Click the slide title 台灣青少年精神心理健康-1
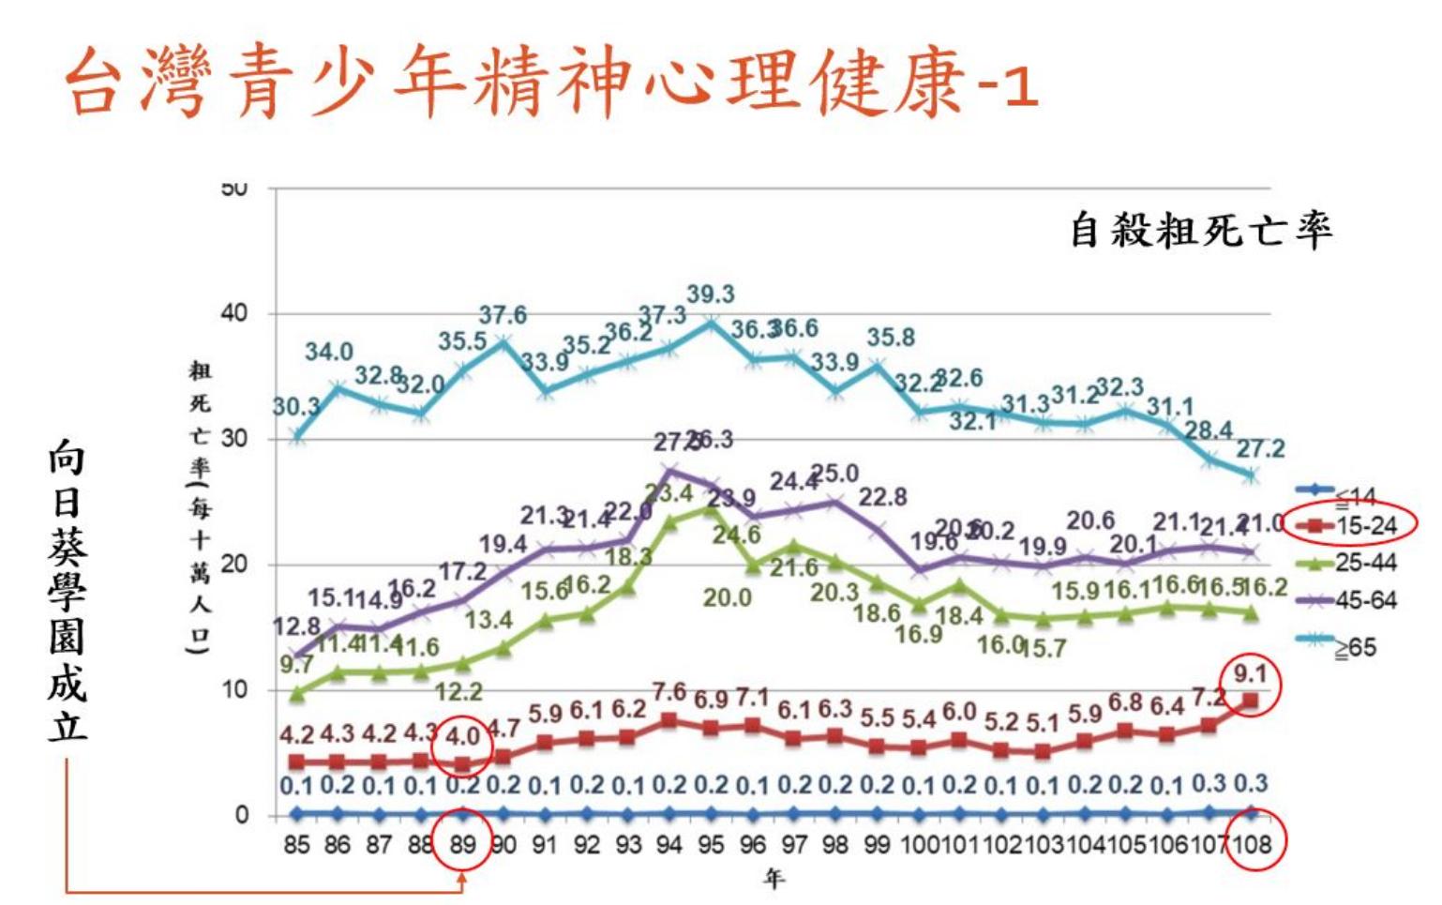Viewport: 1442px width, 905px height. (x=551, y=83)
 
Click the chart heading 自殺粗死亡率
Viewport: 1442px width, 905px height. (x=1201, y=230)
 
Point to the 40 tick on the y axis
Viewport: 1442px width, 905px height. (x=235, y=313)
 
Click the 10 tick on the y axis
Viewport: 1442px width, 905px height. (x=235, y=690)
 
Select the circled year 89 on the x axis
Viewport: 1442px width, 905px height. (x=462, y=845)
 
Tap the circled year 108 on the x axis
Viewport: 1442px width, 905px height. (x=1252, y=845)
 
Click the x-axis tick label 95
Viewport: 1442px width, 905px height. (x=711, y=845)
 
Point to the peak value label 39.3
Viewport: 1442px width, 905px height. (x=710, y=294)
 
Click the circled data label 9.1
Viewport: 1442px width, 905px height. (x=1250, y=673)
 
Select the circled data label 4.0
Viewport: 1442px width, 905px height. (x=462, y=736)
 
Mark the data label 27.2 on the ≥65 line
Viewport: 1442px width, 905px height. (x=1260, y=448)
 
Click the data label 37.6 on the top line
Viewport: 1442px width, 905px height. (x=503, y=315)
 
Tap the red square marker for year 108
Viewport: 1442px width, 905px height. (x=1251, y=701)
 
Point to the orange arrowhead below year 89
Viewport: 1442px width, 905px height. (x=462, y=881)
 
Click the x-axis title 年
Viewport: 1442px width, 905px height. (x=774, y=879)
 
